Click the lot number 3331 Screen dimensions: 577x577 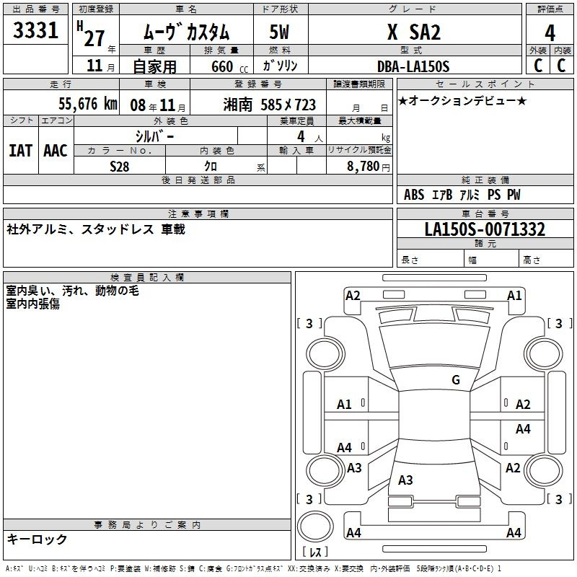(35, 30)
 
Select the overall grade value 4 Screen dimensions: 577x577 (550, 32)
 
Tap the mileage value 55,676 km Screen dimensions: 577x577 (88, 104)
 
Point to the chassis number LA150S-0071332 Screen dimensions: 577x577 (485, 229)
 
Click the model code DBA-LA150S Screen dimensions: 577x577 (413, 66)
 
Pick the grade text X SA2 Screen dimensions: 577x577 (414, 32)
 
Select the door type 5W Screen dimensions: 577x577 (279, 32)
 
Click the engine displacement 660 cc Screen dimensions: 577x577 (229, 67)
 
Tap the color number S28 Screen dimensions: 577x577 (119, 167)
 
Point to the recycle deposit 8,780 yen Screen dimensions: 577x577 (369, 167)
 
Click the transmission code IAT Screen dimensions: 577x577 (21, 151)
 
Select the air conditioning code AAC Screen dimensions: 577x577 (56, 151)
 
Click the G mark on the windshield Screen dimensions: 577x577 (456, 379)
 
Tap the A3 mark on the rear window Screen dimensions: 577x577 (405, 480)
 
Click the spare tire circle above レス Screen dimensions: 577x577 (315, 527)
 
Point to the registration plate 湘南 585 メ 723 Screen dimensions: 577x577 (269, 105)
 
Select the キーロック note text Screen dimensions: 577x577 (37, 539)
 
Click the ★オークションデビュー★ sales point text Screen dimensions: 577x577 (462, 100)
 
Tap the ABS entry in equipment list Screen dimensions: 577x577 (414, 195)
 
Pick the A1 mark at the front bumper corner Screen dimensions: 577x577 (514, 296)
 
